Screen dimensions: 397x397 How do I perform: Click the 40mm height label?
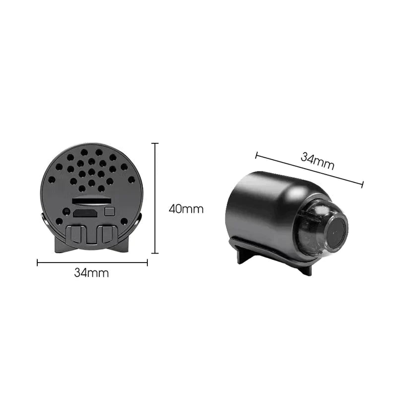tap(186, 209)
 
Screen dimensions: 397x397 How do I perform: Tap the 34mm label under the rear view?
tap(91, 272)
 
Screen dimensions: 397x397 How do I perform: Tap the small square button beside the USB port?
tap(110, 211)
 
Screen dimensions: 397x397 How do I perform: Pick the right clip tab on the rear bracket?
tap(106, 234)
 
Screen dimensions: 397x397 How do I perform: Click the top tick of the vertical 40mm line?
tap(155, 143)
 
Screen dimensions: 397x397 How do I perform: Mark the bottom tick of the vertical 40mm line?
tap(155, 253)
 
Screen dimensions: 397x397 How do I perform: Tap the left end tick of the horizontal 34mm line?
tap(38, 263)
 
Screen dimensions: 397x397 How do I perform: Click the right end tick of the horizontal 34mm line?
tap(147, 263)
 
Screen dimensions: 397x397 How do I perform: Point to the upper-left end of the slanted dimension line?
tap(256, 155)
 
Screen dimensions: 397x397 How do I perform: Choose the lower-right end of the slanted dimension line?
tap(363, 185)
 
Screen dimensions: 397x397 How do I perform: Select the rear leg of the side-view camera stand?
tap(243, 256)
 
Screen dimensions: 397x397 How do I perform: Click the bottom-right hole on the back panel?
tap(124, 221)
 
